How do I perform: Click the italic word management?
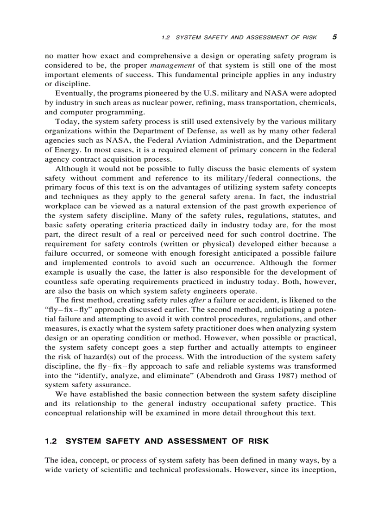click(169, 65)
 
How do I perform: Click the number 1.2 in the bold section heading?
click(50, 441)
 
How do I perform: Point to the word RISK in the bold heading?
click(258, 441)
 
